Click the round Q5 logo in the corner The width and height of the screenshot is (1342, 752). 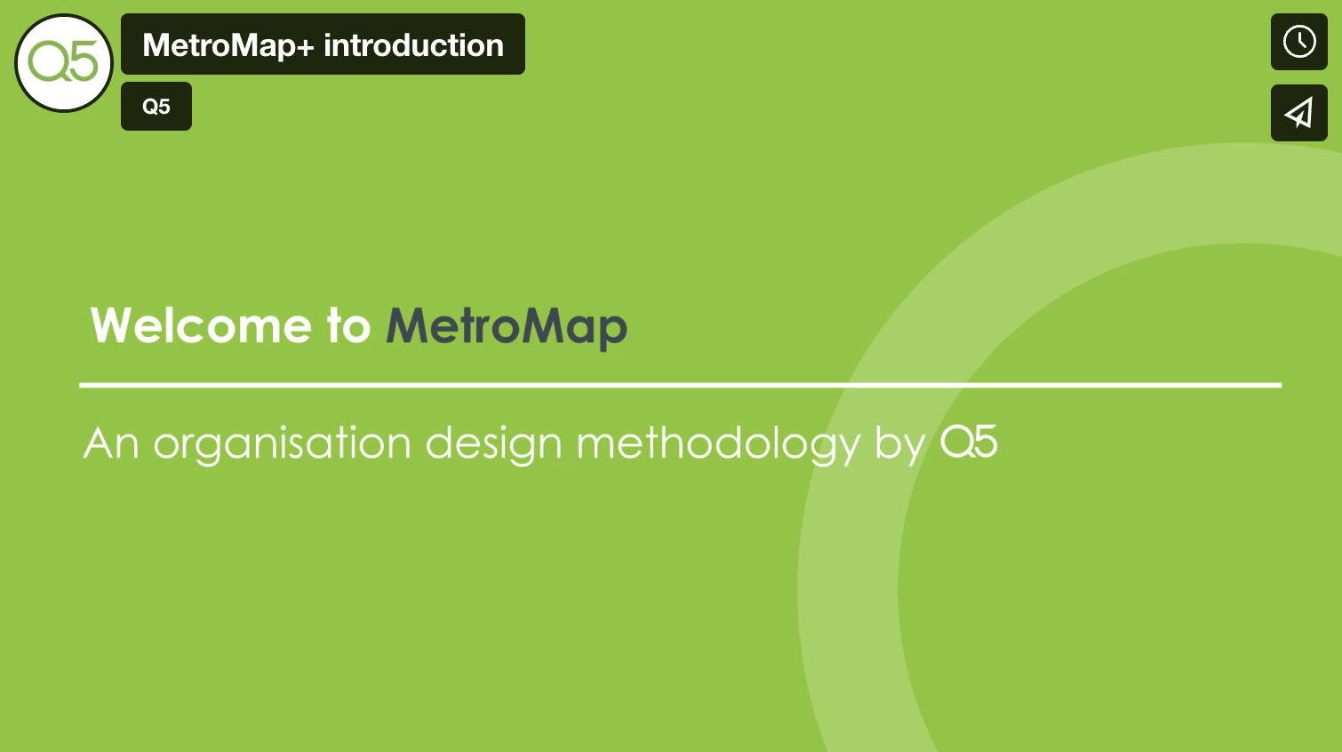point(64,63)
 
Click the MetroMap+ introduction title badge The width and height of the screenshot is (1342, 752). point(323,44)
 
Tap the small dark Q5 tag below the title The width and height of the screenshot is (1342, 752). point(156,107)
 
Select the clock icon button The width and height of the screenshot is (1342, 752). point(1298,42)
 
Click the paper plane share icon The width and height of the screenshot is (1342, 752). point(1298,113)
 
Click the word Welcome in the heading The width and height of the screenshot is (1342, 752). point(201,325)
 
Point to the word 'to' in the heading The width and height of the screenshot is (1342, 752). point(348,325)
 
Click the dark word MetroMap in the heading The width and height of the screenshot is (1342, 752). point(507,326)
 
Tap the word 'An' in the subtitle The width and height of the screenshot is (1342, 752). point(111,443)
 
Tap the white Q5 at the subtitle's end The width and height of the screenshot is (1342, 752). point(969,442)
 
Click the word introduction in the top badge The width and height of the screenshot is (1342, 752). point(413,45)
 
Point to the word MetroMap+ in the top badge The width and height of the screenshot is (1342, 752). point(228,45)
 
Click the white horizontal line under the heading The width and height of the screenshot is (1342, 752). point(680,385)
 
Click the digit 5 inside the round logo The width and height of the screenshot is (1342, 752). point(82,62)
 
